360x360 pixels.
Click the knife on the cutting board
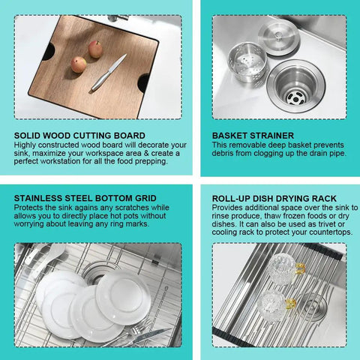point(109,72)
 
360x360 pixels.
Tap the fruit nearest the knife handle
point(79,64)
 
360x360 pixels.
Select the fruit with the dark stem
point(95,49)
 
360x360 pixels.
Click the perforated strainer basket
point(247,62)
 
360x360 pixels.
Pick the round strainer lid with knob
point(278,38)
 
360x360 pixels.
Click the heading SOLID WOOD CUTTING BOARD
point(79,136)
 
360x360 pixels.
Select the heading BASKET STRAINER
point(253,136)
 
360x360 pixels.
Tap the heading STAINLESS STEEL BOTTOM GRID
point(85,198)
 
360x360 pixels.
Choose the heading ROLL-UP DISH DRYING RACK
point(274,199)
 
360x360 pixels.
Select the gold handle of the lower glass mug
point(290,304)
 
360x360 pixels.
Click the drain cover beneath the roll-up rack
point(313,306)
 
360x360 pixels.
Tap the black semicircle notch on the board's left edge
point(49,51)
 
